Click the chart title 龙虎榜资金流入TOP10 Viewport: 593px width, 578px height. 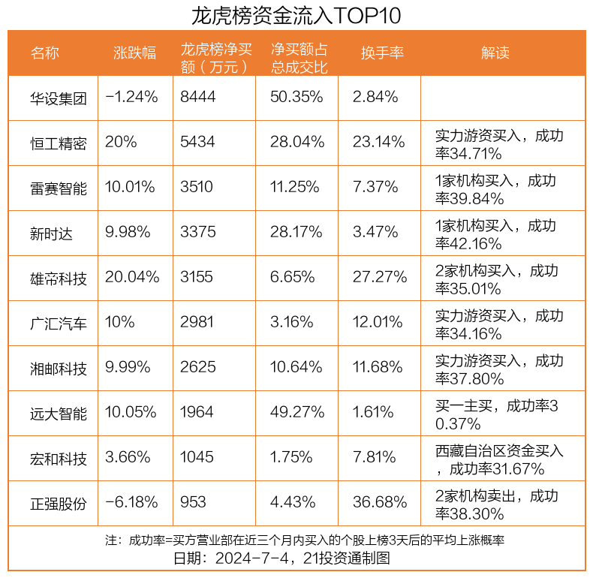[x=296, y=15]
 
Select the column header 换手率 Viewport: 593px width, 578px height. [x=382, y=53]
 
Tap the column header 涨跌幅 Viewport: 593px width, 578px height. [x=134, y=53]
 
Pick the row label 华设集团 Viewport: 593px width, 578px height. [x=59, y=98]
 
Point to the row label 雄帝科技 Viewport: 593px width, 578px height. [x=59, y=278]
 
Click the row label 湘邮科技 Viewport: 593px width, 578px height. [x=59, y=368]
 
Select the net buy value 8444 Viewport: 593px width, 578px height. [x=197, y=98]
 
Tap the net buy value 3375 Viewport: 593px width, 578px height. [x=197, y=233]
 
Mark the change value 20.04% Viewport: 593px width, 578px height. [x=132, y=278]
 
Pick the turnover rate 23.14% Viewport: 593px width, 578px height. [x=380, y=143]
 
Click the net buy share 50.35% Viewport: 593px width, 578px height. [x=297, y=98]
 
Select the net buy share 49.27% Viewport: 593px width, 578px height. [x=297, y=413]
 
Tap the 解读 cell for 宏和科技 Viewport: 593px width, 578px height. [x=499, y=459]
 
